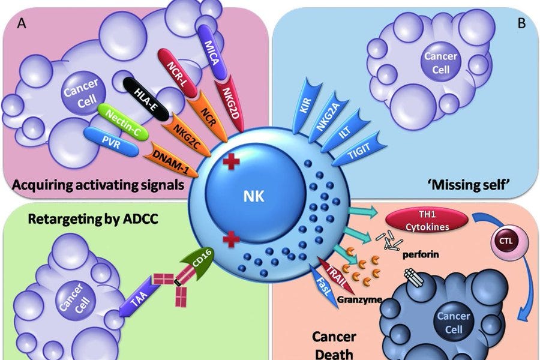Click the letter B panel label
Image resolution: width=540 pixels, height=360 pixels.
coord(521,23)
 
